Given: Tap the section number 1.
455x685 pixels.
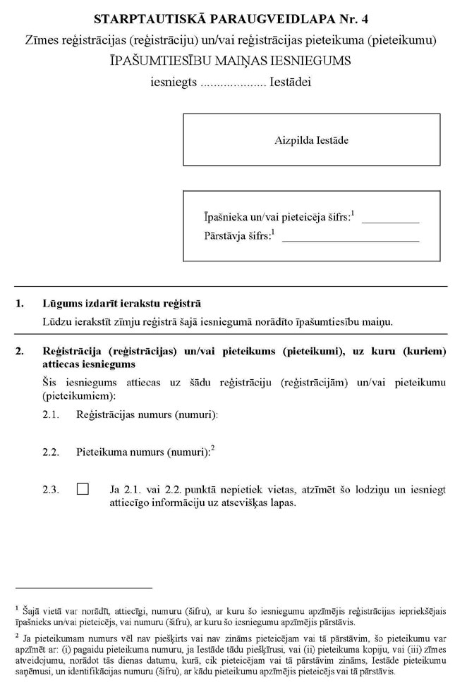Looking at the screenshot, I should tap(20, 304).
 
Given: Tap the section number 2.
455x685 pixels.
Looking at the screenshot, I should tap(20, 350).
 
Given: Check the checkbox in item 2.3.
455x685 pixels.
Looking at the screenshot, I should tap(83, 488).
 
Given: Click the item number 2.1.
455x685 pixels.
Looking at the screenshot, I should tap(51, 415).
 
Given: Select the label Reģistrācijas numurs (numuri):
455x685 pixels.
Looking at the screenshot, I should tap(147, 415).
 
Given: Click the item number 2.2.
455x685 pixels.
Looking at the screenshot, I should tap(51, 452).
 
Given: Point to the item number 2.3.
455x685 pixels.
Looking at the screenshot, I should tap(51, 488).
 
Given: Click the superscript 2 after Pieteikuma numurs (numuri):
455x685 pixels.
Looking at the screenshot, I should tap(212, 448).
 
